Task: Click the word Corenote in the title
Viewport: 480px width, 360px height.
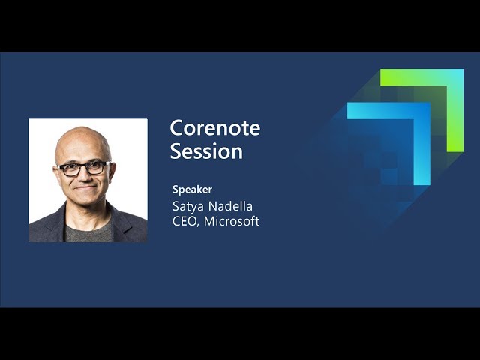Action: pyautogui.click(x=215, y=128)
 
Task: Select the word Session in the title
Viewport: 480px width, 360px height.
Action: pyautogui.click(x=206, y=151)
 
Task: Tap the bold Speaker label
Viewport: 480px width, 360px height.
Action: pyautogui.click(x=192, y=190)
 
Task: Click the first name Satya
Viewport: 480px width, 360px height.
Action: pyautogui.click(x=188, y=207)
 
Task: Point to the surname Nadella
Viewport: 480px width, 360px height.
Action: pyautogui.click(x=230, y=206)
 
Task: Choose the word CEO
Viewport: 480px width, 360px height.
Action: pyautogui.click(x=184, y=221)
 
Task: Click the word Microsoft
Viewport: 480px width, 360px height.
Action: pyautogui.click(x=232, y=221)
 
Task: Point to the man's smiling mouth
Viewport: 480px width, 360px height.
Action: pyautogui.click(x=85, y=187)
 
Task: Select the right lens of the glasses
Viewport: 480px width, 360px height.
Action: pyautogui.click(x=96, y=168)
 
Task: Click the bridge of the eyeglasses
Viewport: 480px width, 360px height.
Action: pyautogui.click(x=83, y=167)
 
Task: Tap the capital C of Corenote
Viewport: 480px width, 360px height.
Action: pyautogui.click(x=176, y=128)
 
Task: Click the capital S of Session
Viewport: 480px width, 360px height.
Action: pyautogui.click(x=175, y=151)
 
